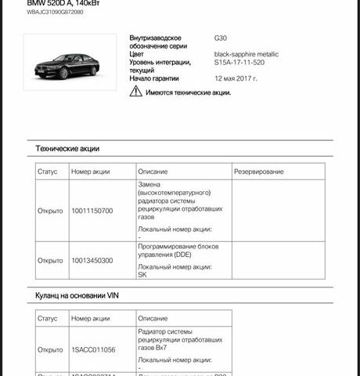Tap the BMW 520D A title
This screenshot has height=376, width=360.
click(67, 3)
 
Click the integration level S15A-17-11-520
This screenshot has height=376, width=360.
click(243, 63)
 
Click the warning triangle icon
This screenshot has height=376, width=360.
click(137, 92)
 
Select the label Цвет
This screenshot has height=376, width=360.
click(138, 54)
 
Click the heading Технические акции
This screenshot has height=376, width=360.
click(67, 148)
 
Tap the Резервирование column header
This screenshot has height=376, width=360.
click(259, 172)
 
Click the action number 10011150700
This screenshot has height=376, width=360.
click(92, 211)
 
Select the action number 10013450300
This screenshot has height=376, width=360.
click(92, 261)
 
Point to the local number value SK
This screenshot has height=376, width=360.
click(142, 275)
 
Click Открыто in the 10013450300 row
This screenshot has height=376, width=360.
click(50, 261)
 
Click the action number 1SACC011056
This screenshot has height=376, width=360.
click(93, 349)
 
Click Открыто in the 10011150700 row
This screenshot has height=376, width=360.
click(50, 211)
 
